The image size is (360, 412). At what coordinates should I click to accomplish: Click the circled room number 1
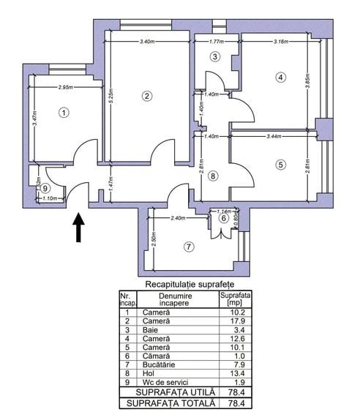tap(64, 113)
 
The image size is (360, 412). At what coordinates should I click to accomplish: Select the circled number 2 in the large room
tap(147, 96)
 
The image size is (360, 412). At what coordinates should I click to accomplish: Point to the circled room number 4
tap(280, 77)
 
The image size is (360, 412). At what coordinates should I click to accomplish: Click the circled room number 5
tap(280, 165)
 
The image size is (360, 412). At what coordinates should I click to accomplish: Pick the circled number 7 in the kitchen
tap(190, 247)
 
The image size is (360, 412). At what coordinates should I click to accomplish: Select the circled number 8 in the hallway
tap(212, 176)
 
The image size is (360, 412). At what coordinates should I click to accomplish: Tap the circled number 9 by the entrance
tap(46, 187)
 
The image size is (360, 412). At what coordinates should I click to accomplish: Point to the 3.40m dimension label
tap(147, 42)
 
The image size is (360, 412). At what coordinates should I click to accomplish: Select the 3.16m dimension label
tap(280, 42)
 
